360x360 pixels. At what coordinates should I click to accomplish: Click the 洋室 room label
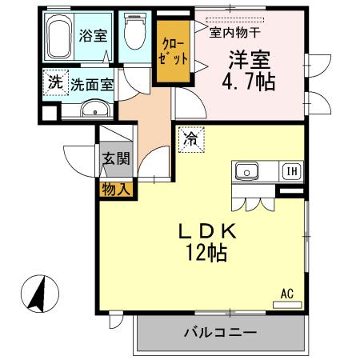[250, 59]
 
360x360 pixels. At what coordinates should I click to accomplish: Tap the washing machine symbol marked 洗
[54, 82]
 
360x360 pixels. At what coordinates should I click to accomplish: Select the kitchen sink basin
[246, 170]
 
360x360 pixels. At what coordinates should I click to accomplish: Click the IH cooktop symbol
[289, 170]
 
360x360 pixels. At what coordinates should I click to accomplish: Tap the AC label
[286, 292]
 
